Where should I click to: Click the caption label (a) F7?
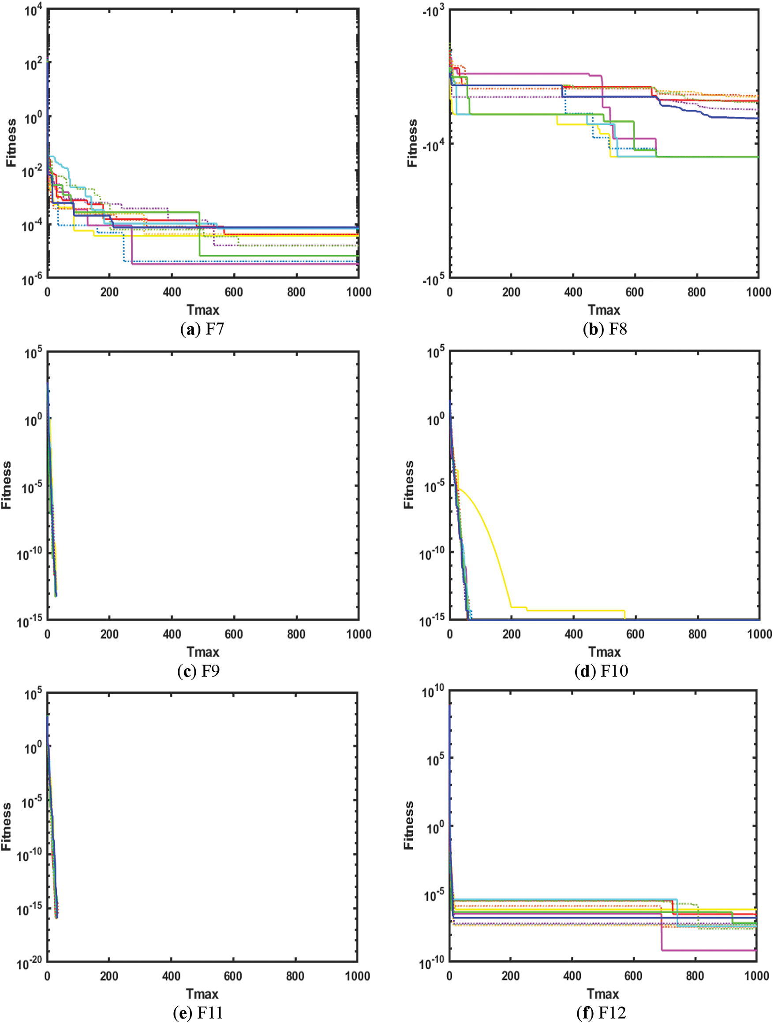point(202,329)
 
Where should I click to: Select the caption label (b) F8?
point(605,329)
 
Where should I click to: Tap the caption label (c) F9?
point(198,670)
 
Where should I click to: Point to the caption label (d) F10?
point(601,670)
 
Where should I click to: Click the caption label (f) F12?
point(601,1013)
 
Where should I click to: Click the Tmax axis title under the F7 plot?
point(202,310)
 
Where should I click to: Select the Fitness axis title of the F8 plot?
point(412,143)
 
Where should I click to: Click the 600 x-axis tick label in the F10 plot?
point(635,634)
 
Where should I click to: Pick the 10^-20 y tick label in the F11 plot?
point(30,964)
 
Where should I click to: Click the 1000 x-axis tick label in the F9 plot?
point(359,634)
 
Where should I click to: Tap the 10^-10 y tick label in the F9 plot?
point(30,554)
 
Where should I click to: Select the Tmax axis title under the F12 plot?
point(603,993)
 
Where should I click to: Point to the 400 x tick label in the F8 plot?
point(573,292)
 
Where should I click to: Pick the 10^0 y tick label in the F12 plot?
point(435,828)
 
